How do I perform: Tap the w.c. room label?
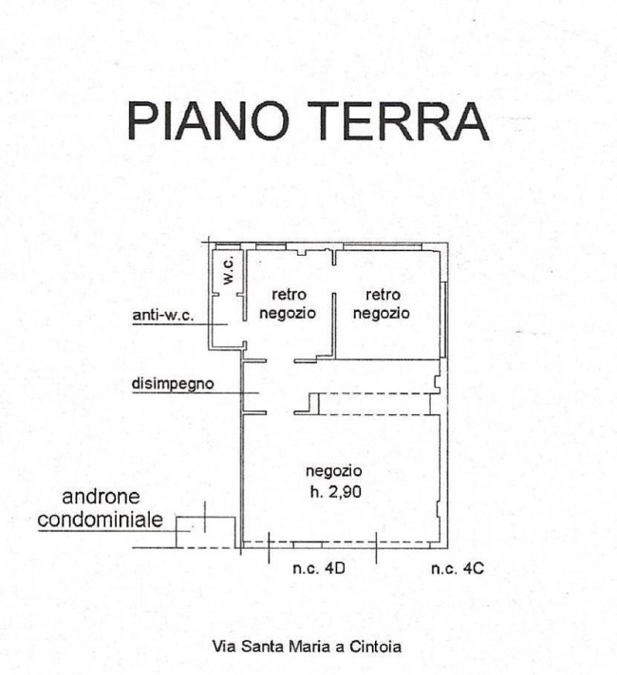pos(228,270)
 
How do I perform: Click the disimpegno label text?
pos(173,385)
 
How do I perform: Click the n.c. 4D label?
pos(317,569)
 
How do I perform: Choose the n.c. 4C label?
pos(458,569)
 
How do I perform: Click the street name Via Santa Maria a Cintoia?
pos(307,648)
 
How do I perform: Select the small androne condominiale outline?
pos(205,532)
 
